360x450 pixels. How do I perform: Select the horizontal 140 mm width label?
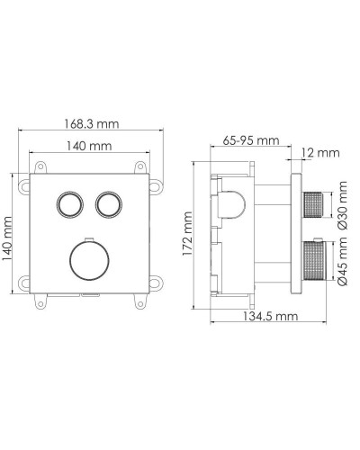click(87, 146)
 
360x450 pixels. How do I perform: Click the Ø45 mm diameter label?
click(343, 266)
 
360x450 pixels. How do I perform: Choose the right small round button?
click(109, 202)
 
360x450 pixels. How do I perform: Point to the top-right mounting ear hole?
click(139, 167)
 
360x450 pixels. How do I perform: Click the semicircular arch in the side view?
click(231, 205)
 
